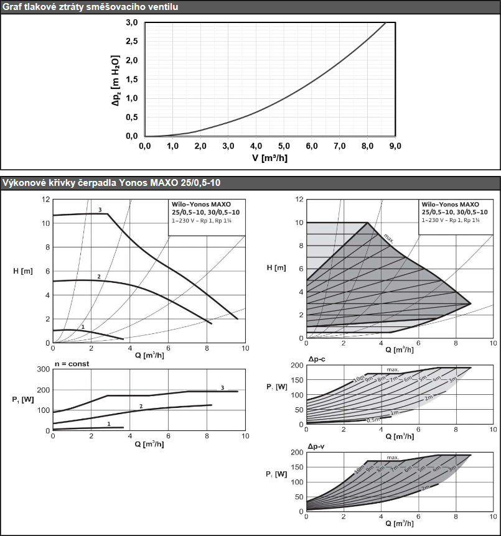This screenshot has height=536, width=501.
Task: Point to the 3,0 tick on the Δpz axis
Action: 132,23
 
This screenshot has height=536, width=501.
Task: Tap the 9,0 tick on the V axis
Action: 396,146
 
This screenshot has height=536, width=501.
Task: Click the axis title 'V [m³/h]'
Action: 270,157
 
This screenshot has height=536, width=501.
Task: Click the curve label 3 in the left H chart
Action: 100,210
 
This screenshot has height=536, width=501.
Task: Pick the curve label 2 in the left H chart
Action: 98,275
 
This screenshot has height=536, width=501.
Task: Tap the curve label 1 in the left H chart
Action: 83,326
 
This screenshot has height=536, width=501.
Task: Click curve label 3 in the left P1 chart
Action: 222,387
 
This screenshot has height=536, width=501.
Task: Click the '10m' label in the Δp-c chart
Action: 358,379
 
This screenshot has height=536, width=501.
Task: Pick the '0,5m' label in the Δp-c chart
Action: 373,420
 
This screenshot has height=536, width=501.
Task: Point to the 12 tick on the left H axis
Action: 45,200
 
